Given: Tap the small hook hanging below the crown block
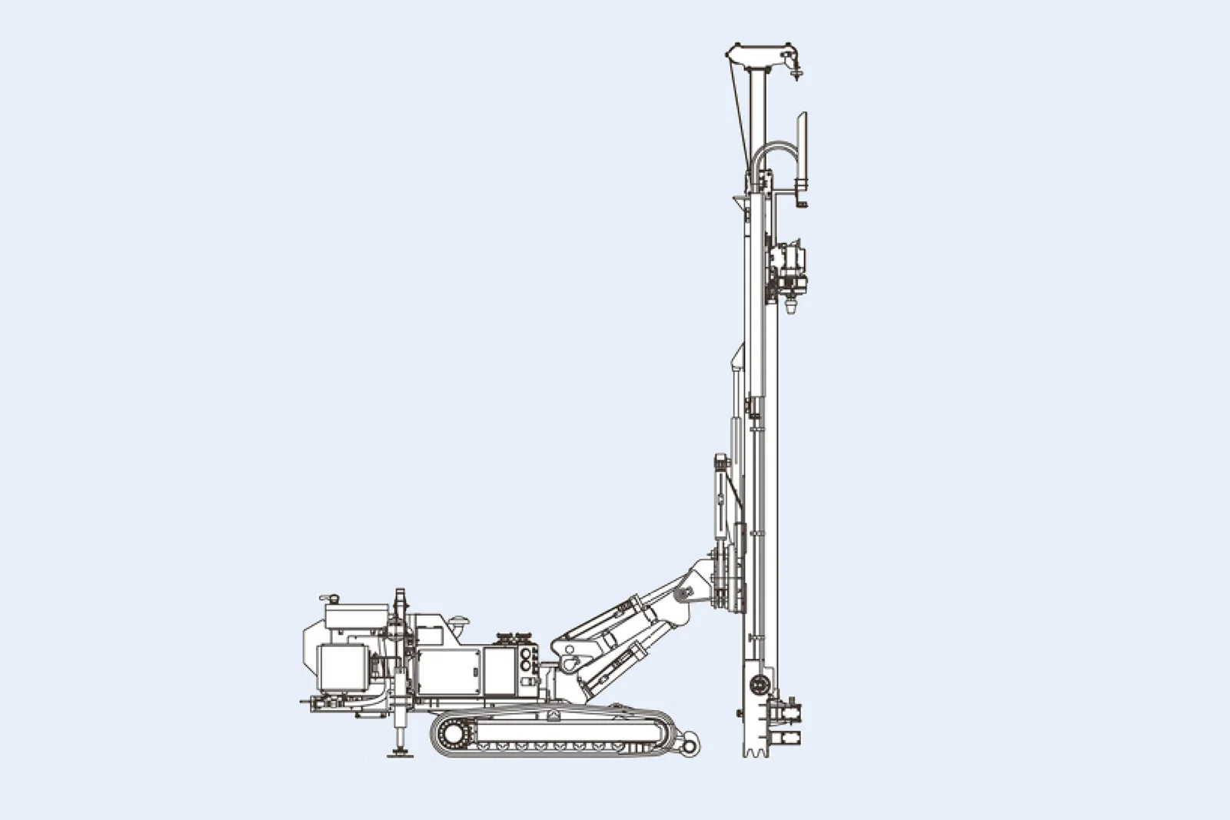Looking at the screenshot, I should [797, 74].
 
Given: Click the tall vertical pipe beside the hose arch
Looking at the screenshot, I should [802, 150].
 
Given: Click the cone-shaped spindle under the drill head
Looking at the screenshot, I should [792, 307].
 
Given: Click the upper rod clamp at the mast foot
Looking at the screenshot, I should [789, 712].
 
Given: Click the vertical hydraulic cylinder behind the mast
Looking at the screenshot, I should [720, 500].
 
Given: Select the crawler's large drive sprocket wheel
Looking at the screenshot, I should [454, 735].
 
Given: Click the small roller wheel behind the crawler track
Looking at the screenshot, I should [690, 745].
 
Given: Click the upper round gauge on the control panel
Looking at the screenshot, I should [526, 653].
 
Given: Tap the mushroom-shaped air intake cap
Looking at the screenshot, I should [460, 620].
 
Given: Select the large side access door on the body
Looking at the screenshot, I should [448, 671].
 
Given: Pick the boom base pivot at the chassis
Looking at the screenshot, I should [570, 662].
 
